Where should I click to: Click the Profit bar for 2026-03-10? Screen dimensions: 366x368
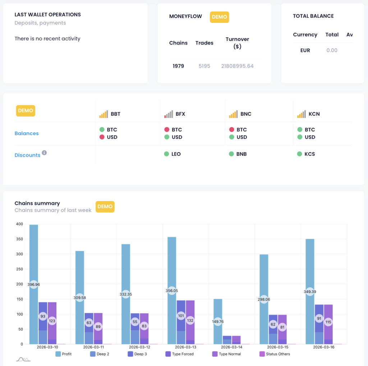point(34,252)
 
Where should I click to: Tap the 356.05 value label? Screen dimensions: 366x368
point(172,290)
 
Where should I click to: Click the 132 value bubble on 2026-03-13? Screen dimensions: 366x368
point(190,320)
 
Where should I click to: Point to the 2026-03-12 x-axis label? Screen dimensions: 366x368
point(139,347)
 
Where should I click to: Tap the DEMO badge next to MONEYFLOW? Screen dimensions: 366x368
point(219,17)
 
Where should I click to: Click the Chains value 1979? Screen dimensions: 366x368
point(178,66)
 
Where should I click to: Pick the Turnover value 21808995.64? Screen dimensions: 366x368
point(237,66)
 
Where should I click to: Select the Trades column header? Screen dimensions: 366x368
point(204,43)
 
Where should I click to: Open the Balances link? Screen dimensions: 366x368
point(27,133)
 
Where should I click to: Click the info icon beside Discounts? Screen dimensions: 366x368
point(44,153)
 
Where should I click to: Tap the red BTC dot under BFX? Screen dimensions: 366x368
point(167,130)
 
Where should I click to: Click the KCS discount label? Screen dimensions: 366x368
point(309,154)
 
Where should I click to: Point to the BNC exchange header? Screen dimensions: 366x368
point(246,114)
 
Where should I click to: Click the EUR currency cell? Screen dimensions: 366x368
point(305,50)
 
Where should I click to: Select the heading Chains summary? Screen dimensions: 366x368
point(37,203)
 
